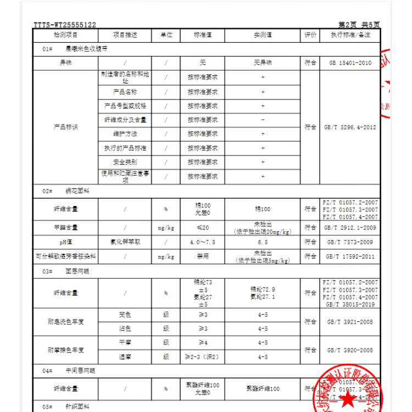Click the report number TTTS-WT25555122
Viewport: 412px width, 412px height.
click(x=65, y=25)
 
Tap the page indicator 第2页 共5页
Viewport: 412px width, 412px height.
click(x=359, y=25)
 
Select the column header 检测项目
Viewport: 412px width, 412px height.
click(x=65, y=35)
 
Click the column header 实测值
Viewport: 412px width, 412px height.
click(x=263, y=35)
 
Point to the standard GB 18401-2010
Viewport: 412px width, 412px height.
click(x=350, y=63)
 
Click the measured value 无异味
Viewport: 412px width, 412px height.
click(x=263, y=63)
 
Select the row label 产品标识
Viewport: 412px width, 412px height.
click(x=65, y=127)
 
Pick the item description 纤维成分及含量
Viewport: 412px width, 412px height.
click(x=125, y=120)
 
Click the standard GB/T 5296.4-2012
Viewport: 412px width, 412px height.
click(x=350, y=127)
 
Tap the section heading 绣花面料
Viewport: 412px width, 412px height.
click(x=77, y=191)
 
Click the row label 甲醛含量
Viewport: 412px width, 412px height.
click(x=65, y=227)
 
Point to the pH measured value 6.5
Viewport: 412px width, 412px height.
click(x=263, y=242)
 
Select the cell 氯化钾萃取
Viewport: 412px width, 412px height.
click(x=125, y=242)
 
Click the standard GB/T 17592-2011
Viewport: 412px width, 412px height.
click(x=350, y=256)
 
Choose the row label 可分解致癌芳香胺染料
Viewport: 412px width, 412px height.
click(x=65, y=256)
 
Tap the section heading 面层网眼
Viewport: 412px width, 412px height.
click(x=77, y=271)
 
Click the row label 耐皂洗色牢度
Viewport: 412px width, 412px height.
click(x=65, y=322)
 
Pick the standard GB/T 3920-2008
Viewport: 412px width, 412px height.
click(x=350, y=350)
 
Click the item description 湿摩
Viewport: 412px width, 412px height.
click(x=125, y=357)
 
